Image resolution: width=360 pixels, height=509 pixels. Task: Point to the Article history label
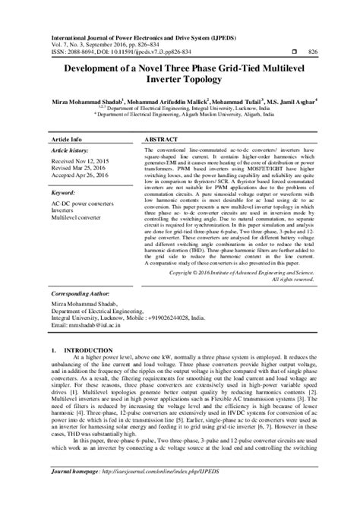(71, 152)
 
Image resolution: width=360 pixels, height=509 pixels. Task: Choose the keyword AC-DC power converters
(83, 204)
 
